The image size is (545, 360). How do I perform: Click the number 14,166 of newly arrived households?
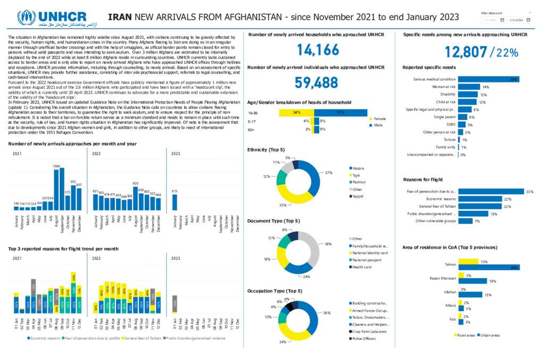(317, 50)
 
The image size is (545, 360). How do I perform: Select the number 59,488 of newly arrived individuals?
(317, 82)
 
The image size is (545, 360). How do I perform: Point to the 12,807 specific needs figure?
(466, 52)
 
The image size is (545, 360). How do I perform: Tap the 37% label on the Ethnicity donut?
(328, 172)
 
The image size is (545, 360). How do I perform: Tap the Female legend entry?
(379, 119)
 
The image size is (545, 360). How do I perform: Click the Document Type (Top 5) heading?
(274, 221)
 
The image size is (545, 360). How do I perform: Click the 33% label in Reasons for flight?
(529, 191)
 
